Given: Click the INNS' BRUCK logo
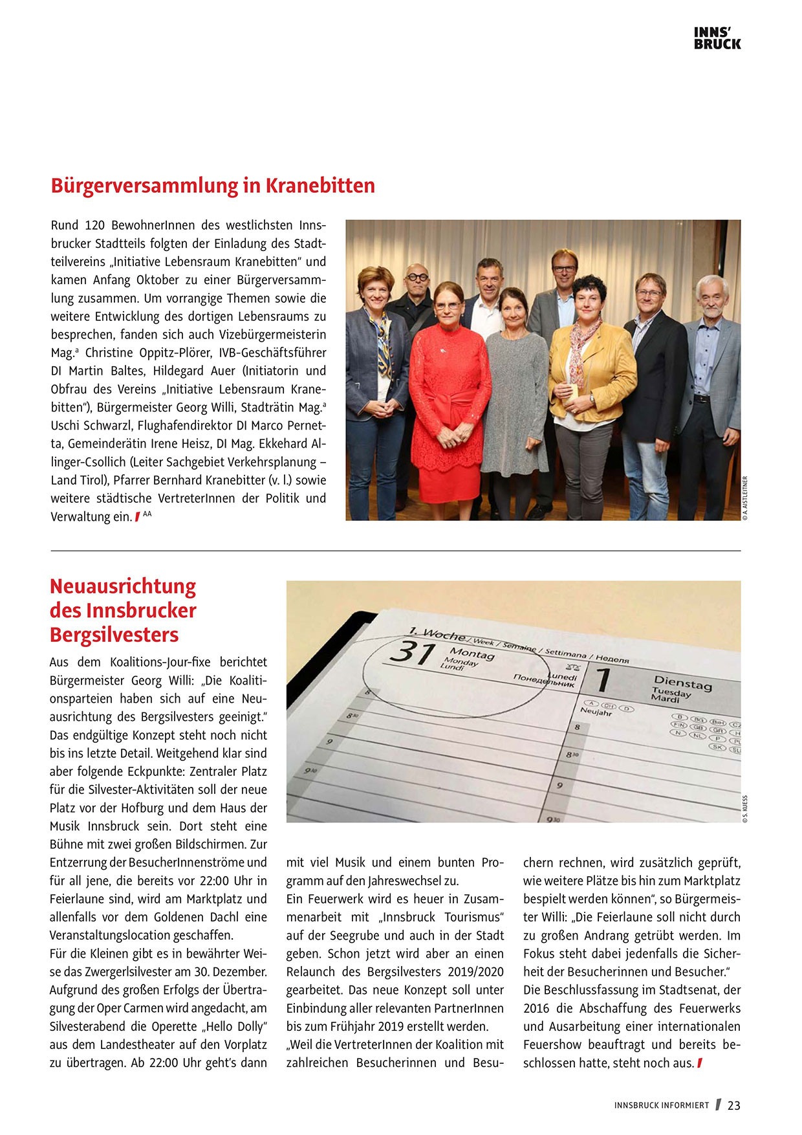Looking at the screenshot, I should pos(717,38).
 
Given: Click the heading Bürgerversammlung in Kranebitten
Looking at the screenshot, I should pos(213,186).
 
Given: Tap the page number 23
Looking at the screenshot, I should pos(733,1105).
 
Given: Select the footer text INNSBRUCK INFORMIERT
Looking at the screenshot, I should pos(662,1105).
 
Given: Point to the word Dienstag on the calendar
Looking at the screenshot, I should pos(682,683).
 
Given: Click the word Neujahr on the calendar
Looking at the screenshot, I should pos(596,711).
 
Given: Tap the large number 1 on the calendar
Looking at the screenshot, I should pos(603,681).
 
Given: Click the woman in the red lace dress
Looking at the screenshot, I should pos(450,388).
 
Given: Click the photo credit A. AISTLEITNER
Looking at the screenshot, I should pos(745,498).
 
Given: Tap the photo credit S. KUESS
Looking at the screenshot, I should pos(745,809).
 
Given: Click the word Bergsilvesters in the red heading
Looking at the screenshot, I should pos(114,635).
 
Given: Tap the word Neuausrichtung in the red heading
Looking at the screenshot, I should pos(123,586).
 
